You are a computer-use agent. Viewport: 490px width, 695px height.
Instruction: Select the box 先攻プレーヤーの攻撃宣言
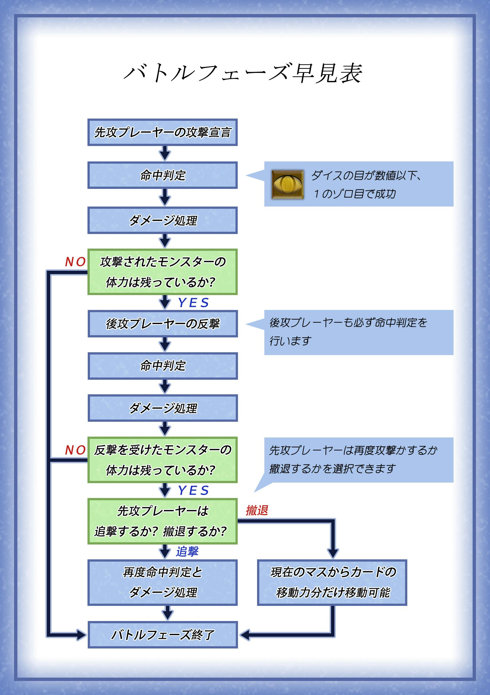162,132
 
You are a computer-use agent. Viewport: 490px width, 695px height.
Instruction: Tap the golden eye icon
287,184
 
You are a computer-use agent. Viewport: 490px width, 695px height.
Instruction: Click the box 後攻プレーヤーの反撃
163,324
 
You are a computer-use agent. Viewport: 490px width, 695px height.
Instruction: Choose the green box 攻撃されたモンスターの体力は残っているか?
162,272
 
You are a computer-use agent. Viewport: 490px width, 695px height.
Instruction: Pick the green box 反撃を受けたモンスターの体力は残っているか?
162,460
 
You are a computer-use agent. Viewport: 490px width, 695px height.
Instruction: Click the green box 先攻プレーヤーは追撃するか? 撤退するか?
162,521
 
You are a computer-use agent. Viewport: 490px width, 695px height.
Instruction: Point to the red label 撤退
257,510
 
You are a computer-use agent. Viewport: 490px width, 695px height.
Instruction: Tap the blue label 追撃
187,551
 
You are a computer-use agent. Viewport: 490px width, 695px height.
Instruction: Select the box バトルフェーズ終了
163,635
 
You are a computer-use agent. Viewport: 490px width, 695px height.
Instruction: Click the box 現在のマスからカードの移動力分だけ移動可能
332,582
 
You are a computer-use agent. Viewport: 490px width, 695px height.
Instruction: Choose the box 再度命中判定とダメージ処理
162,582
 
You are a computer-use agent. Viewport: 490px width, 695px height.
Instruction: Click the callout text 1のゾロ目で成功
354,194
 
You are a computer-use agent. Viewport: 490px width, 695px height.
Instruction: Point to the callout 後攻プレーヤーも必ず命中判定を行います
359,332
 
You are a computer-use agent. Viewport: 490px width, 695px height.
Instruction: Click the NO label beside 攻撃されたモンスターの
75,262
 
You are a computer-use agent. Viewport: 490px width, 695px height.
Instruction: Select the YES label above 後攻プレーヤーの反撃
193,303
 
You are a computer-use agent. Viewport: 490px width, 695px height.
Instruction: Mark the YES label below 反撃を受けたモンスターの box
193,490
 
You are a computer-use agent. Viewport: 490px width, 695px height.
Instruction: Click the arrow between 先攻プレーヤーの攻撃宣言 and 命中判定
165,153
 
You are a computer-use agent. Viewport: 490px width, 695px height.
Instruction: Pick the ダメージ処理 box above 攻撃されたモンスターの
162,220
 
